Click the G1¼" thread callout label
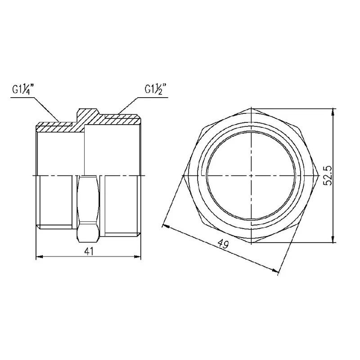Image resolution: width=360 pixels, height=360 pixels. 23,90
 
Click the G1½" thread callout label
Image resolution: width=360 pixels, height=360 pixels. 155,89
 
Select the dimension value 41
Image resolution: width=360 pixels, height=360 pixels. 89,252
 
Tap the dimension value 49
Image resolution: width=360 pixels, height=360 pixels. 223,243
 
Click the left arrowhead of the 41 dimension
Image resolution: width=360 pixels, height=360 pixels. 40,257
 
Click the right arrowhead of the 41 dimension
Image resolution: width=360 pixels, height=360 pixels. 137,257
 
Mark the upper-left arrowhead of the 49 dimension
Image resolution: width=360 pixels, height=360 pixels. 166,226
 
